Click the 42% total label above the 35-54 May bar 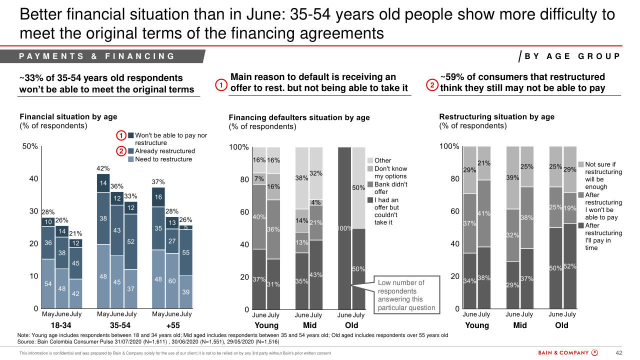click(x=103, y=168)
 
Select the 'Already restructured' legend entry click(x=165, y=151)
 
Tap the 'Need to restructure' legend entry click(x=163, y=159)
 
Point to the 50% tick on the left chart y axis click(x=30, y=146)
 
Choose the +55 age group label click(x=173, y=325)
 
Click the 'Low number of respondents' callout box click(x=406, y=295)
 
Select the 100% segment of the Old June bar click(x=344, y=228)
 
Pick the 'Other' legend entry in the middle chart click(x=383, y=160)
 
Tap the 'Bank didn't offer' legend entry click(x=390, y=188)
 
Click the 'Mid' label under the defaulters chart click(x=309, y=325)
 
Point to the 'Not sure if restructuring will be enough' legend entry click(x=603, y=175)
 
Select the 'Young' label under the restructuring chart click(x=477, y=325)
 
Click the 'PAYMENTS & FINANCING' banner click(x=97, y=56)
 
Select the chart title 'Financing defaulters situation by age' click(x=299, y=117)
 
